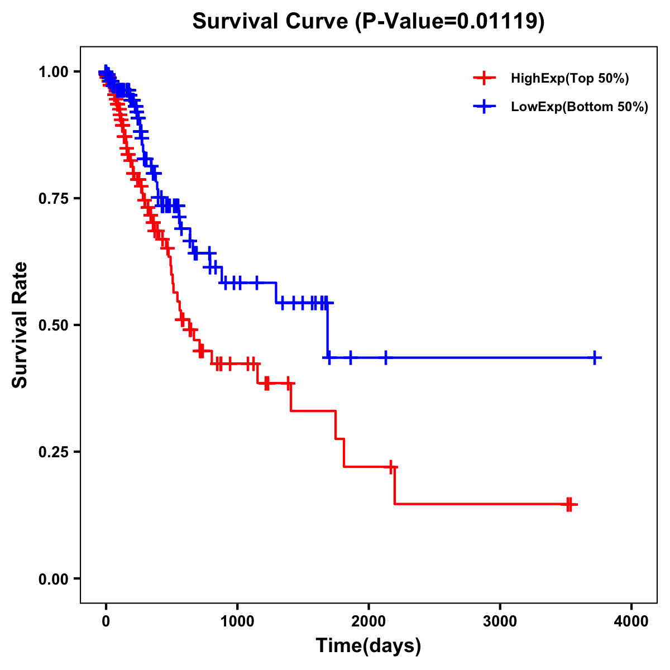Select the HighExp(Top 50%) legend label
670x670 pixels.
coord(569,79)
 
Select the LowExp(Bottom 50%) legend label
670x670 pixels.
coord(580,107)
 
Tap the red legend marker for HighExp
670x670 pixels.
coord(485,78)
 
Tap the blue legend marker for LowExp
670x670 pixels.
coord(485,107)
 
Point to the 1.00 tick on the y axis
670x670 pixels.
coord(54,72)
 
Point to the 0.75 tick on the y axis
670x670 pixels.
coord(54,199)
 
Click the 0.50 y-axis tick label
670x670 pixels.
coord(54,326)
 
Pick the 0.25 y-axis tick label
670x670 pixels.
coord(54,452)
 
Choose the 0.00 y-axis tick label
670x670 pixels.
coord(54,579)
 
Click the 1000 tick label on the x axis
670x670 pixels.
coord(237,621)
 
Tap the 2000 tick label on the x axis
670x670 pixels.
coord(368,621)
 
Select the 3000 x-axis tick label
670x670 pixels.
coord(500,621)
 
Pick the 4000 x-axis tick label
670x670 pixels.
coord(631,621)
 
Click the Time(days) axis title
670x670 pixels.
coord(368,646)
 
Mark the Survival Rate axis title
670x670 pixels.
coord(20,325)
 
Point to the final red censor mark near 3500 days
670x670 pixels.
coord(569,504)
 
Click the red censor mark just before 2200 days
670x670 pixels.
coord(391,467)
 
